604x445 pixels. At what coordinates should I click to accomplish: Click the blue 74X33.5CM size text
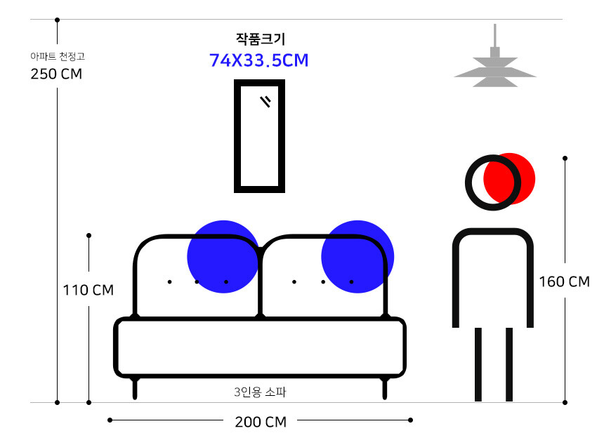259,60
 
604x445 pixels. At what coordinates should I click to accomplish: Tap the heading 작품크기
261,39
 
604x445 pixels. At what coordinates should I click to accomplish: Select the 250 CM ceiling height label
56,74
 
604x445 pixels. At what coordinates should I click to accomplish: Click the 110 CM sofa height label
88,290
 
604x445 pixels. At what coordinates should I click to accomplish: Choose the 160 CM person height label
564,282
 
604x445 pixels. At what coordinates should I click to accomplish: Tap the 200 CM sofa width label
260,422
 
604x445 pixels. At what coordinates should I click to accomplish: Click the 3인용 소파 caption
260,392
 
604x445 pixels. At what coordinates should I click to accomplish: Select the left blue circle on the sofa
223,256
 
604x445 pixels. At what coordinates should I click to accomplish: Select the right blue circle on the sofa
357,256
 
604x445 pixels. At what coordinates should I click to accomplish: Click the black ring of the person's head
468,182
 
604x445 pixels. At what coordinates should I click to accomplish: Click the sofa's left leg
136,389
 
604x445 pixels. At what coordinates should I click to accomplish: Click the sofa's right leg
384,389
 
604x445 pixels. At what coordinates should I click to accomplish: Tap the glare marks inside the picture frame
265,102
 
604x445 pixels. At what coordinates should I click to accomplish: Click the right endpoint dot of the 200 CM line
411,420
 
